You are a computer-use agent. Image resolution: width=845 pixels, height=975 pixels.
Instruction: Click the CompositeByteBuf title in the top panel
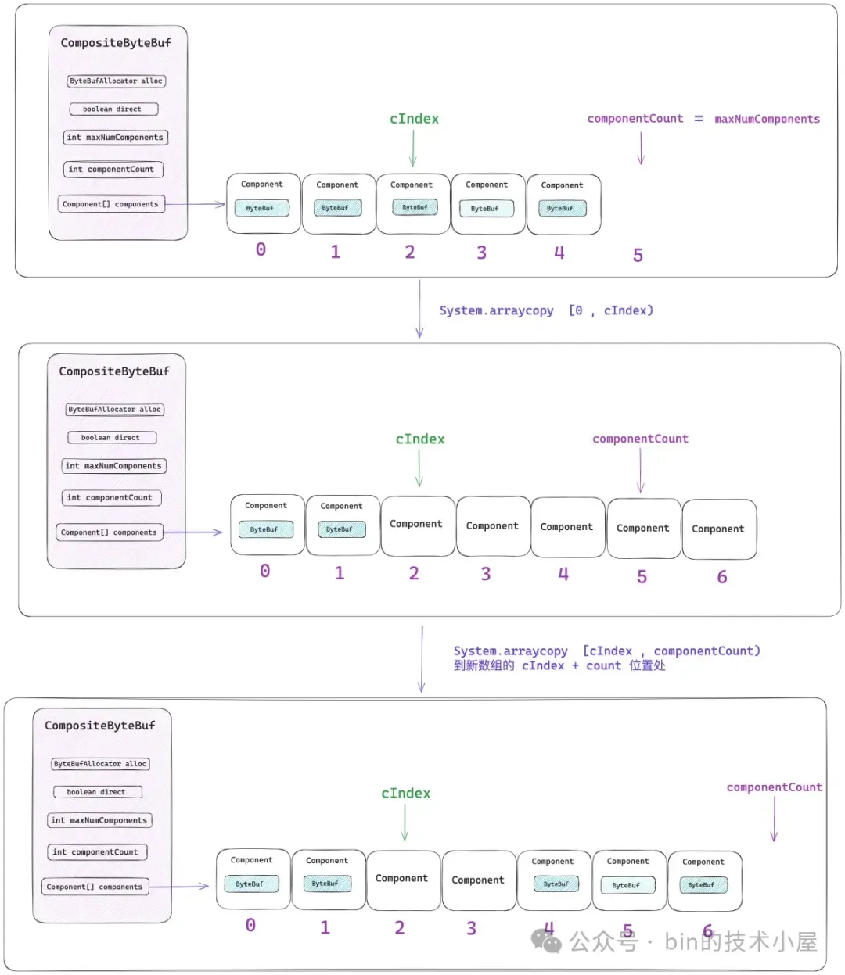coord(116,43)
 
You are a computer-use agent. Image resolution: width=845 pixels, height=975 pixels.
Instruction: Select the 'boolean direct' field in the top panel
coord(113,109)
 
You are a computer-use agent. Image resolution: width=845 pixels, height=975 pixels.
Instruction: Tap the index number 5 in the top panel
coord(638,255)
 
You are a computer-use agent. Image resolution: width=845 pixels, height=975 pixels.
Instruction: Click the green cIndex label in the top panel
coord(414,119)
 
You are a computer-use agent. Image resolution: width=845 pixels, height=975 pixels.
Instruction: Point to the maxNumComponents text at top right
coord(767,119)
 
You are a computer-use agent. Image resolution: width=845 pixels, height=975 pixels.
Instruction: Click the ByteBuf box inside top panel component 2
coord(415,207)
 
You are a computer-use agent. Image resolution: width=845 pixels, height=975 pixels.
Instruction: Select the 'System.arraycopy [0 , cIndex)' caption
coord(546,310)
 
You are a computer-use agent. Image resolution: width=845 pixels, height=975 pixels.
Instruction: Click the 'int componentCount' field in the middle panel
coord(111,497)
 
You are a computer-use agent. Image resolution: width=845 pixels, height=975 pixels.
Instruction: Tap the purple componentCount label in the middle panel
coord(640,439)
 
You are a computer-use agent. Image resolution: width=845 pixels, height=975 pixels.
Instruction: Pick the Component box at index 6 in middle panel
coord(719,529)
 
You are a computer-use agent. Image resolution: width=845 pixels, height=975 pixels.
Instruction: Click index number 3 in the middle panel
coord(485,574)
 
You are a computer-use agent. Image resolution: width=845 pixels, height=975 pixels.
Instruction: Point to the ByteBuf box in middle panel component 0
coord(266,529)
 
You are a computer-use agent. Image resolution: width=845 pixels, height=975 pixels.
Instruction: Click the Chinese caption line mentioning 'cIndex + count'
coord(559,665)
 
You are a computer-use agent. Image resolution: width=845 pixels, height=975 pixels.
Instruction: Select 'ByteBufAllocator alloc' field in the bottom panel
coord(101,764)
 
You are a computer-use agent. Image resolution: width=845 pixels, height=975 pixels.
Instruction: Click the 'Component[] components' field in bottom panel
coord(95,887)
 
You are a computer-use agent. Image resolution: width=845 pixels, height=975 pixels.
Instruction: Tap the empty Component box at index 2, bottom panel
coord(403,880)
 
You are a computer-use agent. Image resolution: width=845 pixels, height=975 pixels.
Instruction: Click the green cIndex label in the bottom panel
coord(405,794)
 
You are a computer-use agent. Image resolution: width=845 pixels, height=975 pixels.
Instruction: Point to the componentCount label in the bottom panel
coord(774,787)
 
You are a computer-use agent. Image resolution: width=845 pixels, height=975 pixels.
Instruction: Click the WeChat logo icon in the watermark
coord(546,941)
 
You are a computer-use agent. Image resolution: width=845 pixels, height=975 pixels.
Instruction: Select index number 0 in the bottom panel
coord(250,925)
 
